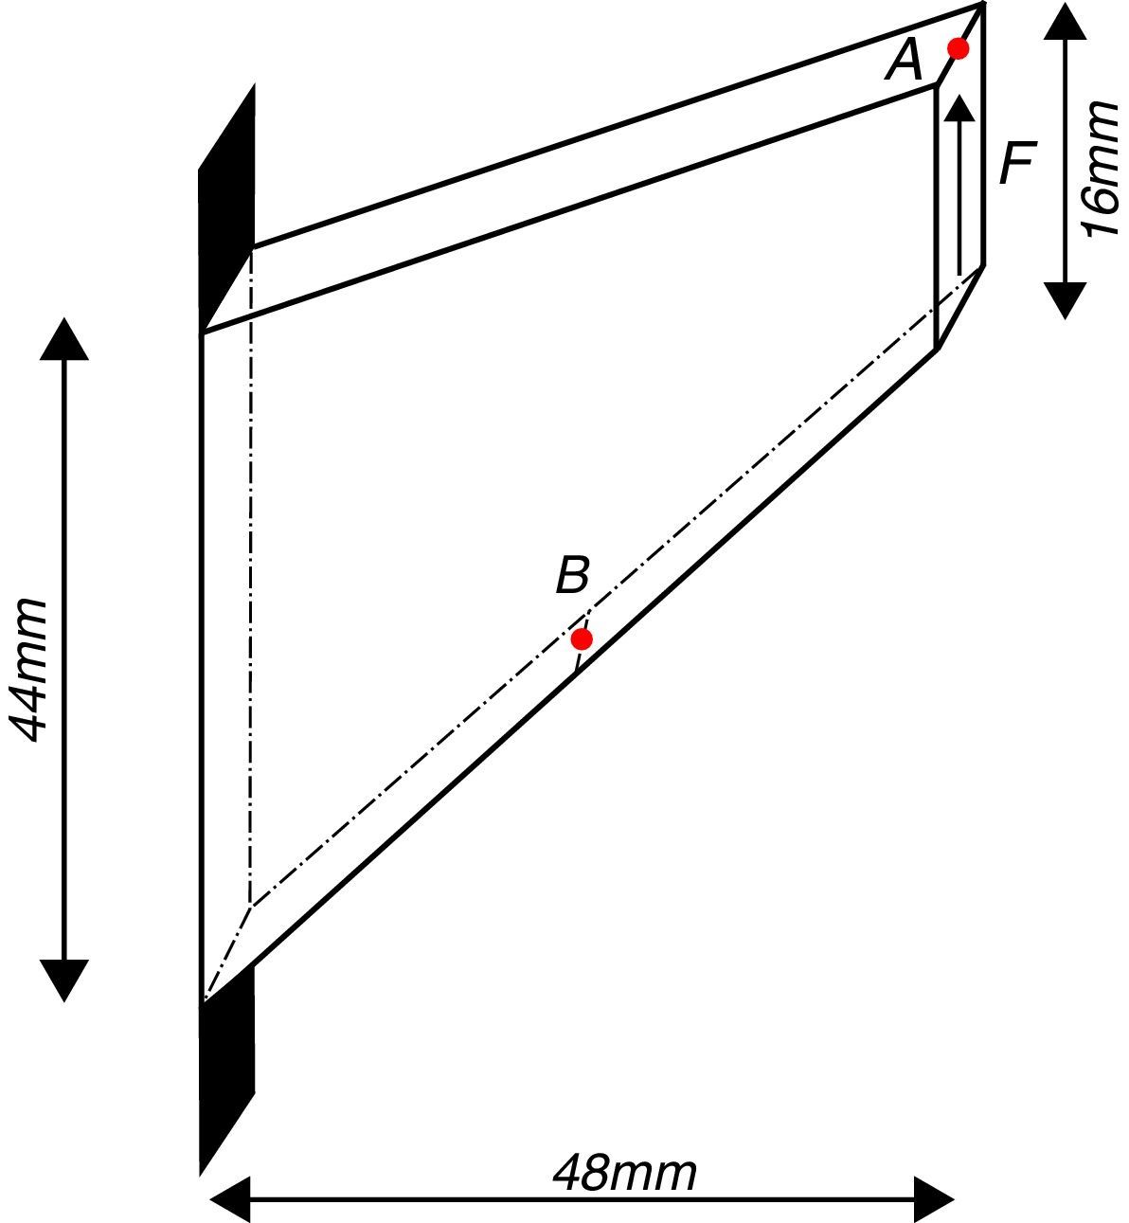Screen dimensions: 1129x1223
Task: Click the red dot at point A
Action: pyautogui.click(x=958, y=48)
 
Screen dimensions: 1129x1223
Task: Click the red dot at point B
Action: pyautogui.click(x=582, y=638)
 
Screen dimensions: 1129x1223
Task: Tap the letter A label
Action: pyautogui.click(x=904, y=63)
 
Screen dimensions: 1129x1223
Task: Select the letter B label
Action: pyautogui.click(x=572, y=575)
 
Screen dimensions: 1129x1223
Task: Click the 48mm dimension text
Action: pyautogui.click(x=624, y=1173)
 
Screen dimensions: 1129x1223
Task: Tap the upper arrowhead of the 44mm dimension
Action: pyautogui.click(x=63, y=339)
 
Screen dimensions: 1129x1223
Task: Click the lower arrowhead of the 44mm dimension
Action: pyautogui.click(x=63, y=981)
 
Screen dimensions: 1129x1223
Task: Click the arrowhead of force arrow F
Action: pyautogui.click(x=960, y=106)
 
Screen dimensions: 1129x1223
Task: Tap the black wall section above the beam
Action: pyautogui.click(x=227, y=208)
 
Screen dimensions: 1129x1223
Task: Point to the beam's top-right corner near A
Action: pyautogui.click(x=982, y=7)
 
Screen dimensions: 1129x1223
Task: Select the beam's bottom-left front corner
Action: pyautogui.click(x=204, y=999)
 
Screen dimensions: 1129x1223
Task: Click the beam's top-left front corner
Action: pyautogui.click(x=204, y=332)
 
